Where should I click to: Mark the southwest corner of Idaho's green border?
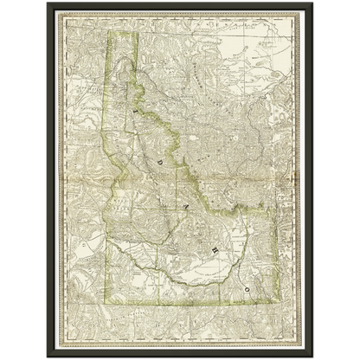click(106, 306)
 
